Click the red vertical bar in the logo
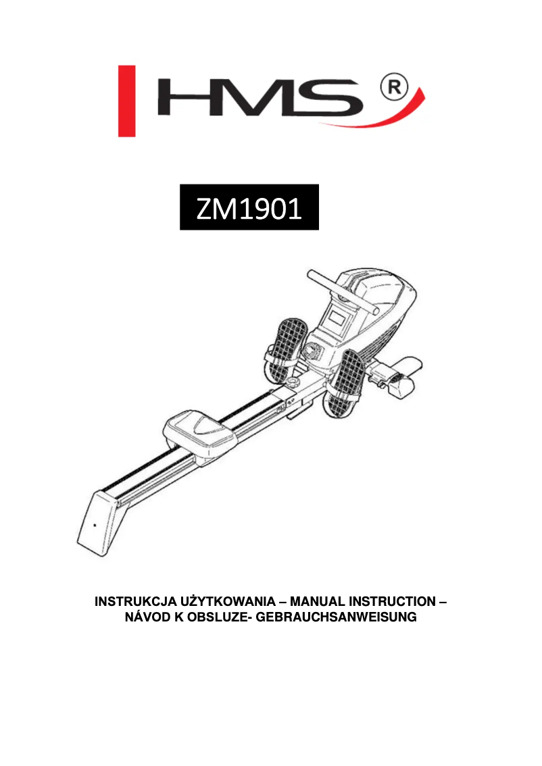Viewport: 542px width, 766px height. pyautogui.click(x=126, y=101)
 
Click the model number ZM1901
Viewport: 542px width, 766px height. pyautogui.click(x=249, y=208)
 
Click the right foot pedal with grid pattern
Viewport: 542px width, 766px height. pyautogui.click(x=351, y=381)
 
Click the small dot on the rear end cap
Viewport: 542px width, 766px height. pyautogui.click(x=94, y=525)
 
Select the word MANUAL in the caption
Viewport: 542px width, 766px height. pyautogui.click(x=318, y=601)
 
